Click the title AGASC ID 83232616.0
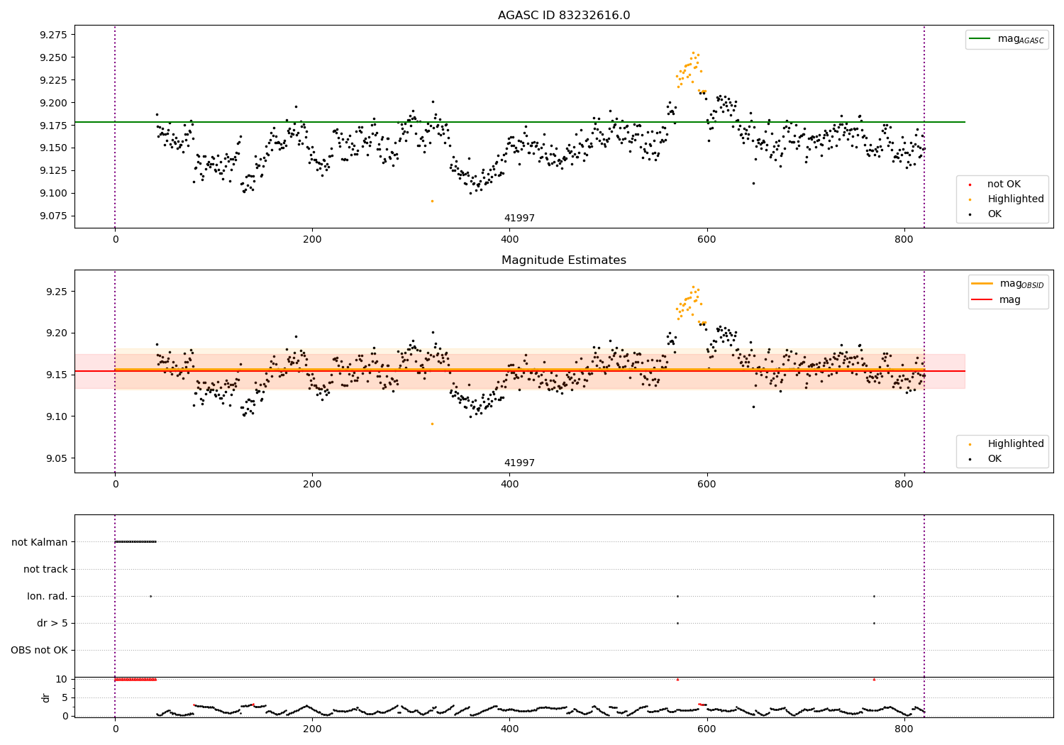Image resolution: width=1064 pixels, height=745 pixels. coord(563,16)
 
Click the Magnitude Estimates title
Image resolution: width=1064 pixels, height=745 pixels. coord(563,260)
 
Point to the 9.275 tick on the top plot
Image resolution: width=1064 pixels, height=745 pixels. coord(53,35)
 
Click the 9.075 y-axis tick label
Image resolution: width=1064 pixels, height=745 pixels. coord(53,216)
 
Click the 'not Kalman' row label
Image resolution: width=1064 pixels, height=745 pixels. coord(40,542)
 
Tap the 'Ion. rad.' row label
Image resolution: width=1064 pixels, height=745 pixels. coord(48,596)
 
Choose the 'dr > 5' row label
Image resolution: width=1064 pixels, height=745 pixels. coord(52,623)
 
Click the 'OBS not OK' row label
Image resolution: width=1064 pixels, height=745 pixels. coord(40,650)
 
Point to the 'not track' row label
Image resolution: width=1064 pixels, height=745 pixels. coord(45,569)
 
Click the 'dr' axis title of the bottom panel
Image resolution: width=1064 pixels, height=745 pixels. coord(46,697)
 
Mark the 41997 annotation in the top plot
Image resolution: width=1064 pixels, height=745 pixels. coord(519,219)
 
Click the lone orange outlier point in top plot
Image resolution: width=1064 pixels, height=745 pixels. coord(432,201)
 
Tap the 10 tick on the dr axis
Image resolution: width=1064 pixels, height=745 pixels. coord(62,679)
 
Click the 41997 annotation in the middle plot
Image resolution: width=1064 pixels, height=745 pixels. coord(519,463)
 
